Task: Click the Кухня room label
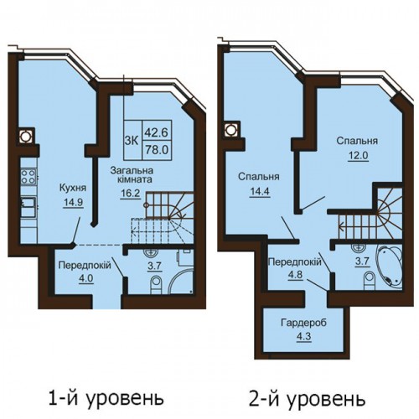[73, 188]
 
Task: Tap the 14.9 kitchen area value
[73, 202]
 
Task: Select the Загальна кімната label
[132, 174]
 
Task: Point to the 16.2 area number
[130, 193]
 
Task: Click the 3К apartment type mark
[132, 141]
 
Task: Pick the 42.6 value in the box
[156, 132]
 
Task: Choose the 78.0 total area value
[157, 150]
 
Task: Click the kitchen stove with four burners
[28, 177]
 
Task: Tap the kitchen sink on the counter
[28, 206]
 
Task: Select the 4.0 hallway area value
[85, 279]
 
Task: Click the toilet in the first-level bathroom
[156, 284]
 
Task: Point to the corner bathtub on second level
[389, 266]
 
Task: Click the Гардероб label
[303, 323]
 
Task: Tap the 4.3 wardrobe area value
[304, 336]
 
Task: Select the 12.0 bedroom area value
[358, 155]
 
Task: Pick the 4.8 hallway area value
[296, 275]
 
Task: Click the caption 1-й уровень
[106, 398]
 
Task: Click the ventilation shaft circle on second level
[231, 129]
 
